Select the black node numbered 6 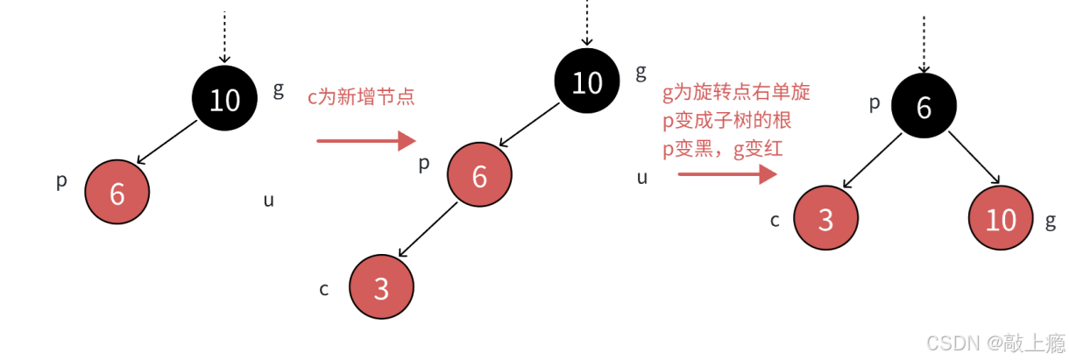pyautogui.click(x=924, y=107)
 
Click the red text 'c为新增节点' pyautogui.click(x=361, y=97)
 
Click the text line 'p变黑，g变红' pyautogui.click(x=723, y=150)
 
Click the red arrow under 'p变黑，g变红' pyautogui.click(x=728, y=174)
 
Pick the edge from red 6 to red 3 pyautogui.click(x=428, y=227)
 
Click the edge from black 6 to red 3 pyautogui.click(x=872, y=158)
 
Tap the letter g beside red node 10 pyautogui.click(x=1051, y=222)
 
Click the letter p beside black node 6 pyautogui.click(x=874, y=104)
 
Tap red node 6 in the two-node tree pyautogui.click(x=117, y=194)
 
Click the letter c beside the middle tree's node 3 pyautogui.click(x=324, y=288)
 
